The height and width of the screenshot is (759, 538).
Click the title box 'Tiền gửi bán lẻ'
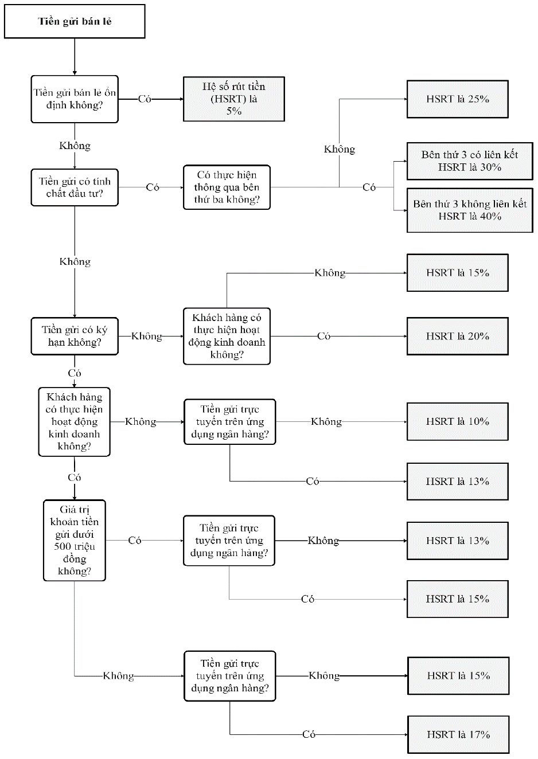(x=75, y=21)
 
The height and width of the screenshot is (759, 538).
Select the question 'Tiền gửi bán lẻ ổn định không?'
(x=75, y=99)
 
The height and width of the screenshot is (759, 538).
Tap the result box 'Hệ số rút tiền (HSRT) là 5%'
(x=234, y=99)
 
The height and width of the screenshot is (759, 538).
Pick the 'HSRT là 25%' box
(x=458, y=99)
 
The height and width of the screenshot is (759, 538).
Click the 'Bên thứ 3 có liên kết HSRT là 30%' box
(x=470, y=161)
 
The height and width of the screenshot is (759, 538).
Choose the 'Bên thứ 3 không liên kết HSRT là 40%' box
(x=470, y=210)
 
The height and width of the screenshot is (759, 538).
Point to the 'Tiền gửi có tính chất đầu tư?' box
(x=75, y=187)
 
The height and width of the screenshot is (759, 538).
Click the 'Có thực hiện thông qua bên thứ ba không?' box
(x=227, y=187)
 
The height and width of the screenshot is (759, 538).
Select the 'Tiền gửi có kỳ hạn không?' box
(x=75, y=336)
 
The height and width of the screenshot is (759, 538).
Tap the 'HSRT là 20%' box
(x=458, y=336)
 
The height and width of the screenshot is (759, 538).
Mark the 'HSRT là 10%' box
(x=458, y=421)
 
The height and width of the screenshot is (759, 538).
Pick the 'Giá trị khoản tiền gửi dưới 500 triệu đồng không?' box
(x=75, y=541)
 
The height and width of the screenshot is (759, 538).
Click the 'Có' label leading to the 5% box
(x=145, y=99)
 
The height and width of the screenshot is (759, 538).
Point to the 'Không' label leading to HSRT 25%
(x=340, y=149)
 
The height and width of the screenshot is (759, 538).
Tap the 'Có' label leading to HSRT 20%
(x=323, y=336)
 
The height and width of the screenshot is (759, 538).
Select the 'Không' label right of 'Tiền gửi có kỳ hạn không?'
(x=147, y=336)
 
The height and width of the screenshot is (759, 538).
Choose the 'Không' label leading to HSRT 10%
(x=326, y=421)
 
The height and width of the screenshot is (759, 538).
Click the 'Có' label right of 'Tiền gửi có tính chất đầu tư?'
(x=153, y=187)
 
